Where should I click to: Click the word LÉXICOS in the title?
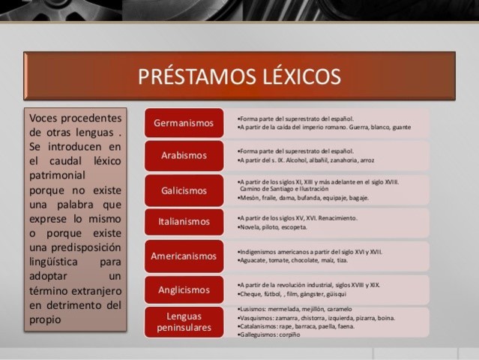click(x=298, y=76)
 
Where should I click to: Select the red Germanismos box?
click(x=184, y=122)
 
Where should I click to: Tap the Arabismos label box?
click(x=184, y=155)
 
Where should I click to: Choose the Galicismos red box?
click(x=184, y=190)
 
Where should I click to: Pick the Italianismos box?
click(x=184, y=222)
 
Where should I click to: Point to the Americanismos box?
click(x=184, y=256)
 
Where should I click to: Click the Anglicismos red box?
click(x=184, y=289)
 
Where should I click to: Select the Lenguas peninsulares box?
click(x=184, y=322)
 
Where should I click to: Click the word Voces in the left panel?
click(x=45, y=118)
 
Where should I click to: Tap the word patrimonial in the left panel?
click(x=58, y=175)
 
